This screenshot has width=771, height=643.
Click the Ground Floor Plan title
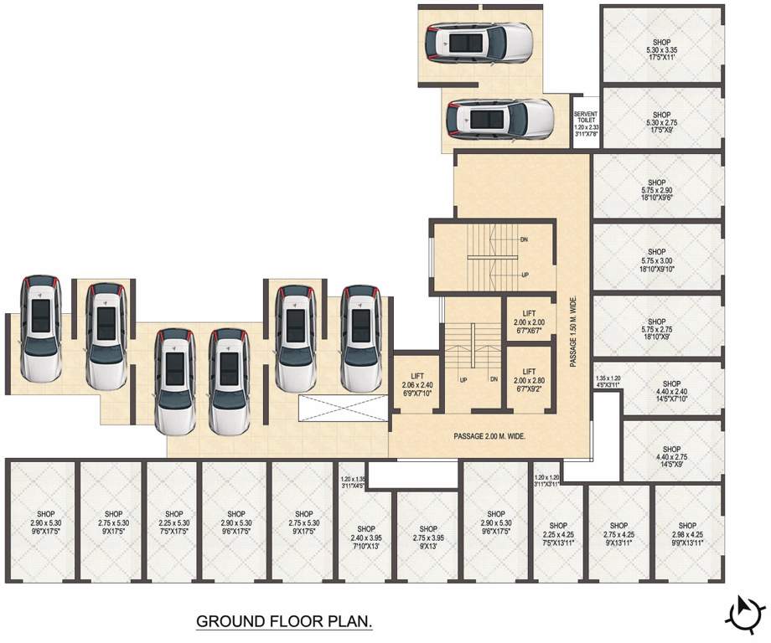coord(284,622)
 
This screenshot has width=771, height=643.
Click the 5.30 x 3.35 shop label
coord(661,51)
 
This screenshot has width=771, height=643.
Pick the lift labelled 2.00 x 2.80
coord(529,379)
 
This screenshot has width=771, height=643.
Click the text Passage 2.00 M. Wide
coord(489,436)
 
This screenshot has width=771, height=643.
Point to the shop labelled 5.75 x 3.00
coord(656,260)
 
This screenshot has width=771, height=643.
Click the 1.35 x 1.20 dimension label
coord(608,381)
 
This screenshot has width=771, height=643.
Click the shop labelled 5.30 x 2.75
coord(661,123)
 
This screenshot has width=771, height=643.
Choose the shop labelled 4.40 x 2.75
coord(671,457)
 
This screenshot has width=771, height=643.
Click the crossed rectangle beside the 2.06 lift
coord(341,408)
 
